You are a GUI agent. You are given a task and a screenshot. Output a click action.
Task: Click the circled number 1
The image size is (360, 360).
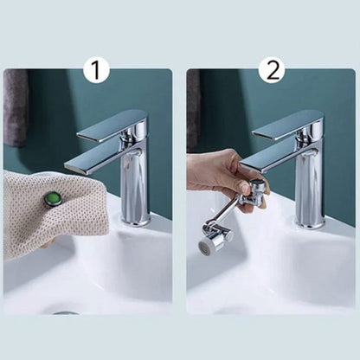[96, 70]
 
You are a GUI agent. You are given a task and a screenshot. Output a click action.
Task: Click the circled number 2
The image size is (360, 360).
[272, 70]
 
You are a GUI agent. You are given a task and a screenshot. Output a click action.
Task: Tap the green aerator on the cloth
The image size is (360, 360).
[53, 199]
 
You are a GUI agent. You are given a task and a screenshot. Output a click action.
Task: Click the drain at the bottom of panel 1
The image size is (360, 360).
[66, 312]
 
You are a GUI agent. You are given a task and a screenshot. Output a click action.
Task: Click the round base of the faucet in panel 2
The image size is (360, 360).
[310, 222]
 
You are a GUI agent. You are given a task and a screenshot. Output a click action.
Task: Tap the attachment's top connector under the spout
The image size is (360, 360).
[257, 183]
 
